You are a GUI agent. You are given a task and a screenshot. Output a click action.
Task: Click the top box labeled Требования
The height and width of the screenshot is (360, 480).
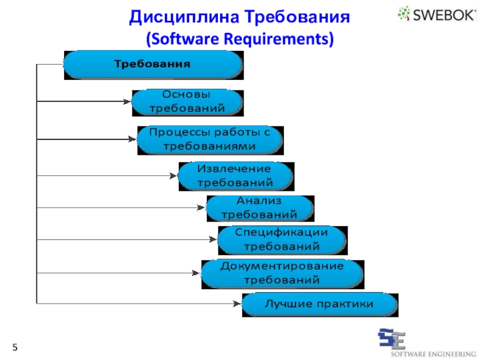pos(153,64)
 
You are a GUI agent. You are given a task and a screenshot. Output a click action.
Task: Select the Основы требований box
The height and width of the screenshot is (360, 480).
pos(187,102)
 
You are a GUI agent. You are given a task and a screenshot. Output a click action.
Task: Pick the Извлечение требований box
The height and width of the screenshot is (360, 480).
pos(235,176)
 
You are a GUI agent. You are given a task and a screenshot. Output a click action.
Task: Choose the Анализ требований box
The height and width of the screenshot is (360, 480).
pos(260,208)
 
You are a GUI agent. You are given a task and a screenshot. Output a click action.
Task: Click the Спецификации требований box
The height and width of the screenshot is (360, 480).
pos(281,239)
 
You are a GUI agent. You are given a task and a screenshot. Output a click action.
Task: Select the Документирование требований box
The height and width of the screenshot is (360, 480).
pos(282,273)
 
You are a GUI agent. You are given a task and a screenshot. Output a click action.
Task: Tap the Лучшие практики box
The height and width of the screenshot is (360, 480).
pos(319,304)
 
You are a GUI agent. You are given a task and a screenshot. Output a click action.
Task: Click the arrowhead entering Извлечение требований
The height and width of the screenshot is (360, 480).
pos(174,176)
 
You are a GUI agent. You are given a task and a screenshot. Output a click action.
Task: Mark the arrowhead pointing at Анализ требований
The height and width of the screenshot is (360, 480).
pos(202,208)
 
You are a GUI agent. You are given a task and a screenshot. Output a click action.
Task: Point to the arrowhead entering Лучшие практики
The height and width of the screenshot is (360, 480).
pos(238,304)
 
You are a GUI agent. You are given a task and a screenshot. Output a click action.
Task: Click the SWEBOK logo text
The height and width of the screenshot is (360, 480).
pos(443,14)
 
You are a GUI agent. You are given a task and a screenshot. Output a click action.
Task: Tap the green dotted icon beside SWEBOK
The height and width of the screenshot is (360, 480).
pos(404,14)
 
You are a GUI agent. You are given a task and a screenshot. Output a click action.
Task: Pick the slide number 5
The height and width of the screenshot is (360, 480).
pos(15,348)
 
